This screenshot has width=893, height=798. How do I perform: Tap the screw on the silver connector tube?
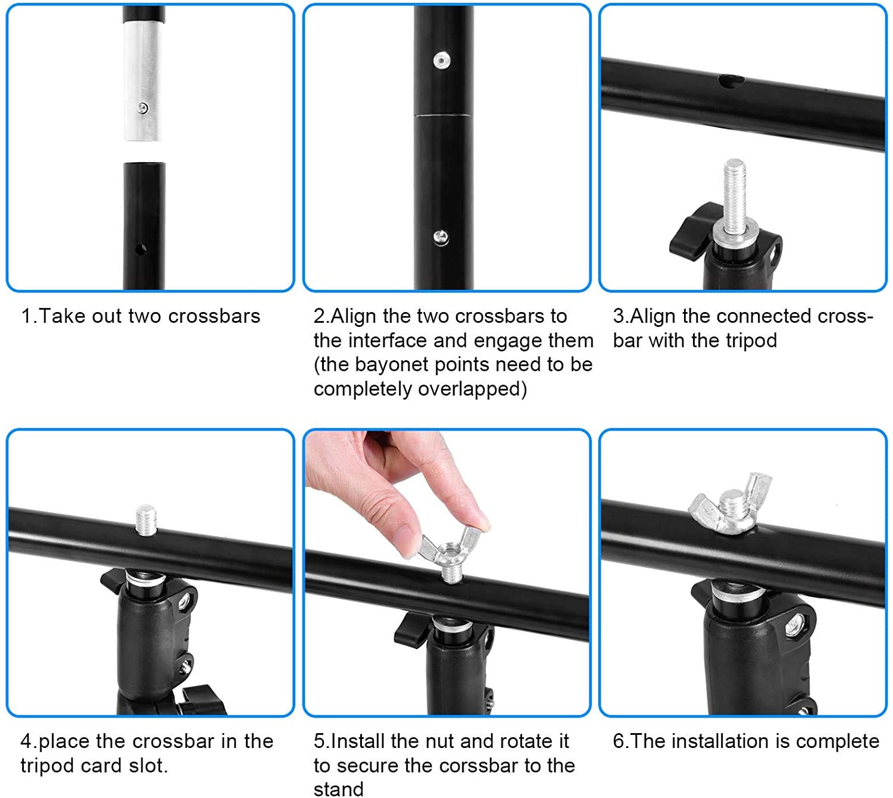pos(142,108)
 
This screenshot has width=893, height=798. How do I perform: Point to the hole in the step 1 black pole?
pos(140,250)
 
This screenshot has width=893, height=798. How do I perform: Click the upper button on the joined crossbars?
pos(441,60)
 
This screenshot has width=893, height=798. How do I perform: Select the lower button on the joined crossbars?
pos(441,238)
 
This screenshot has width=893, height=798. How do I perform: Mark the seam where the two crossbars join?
pos(444,116)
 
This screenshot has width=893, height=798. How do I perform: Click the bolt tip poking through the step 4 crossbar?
pos(145,520)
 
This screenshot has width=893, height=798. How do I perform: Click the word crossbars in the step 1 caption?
pos(214,316)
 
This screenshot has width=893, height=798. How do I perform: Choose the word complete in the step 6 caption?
pos(838,742)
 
